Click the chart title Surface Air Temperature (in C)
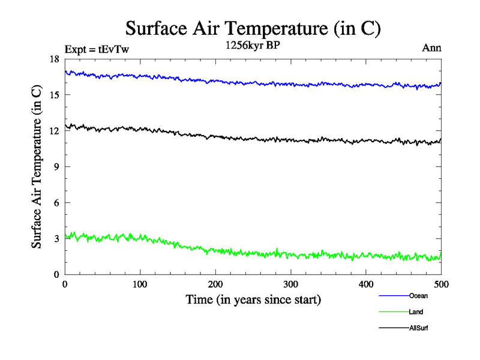click(x=253, y=28)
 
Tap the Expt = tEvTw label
click(x=96, y=50)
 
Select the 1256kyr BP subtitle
click(x=253, y=46)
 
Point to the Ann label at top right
click(x=432, y=48)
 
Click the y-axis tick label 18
click(x=55, y=59)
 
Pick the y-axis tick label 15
click(x=55, y=95)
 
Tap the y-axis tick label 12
click(x=55, y=131)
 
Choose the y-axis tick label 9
click(x=56, y=167)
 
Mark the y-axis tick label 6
click(x=56, y=203)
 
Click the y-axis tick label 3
click(x=56, y=239)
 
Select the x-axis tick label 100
click(x=140, y=284)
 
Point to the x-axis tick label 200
click(x=215, y=284)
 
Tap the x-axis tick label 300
click(x=290, y=284)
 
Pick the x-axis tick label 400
click(x=366, y=284)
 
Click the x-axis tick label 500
click(x=441, y=284)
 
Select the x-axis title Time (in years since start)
click(x=253, y=299)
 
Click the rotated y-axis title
click(x=37, y=167)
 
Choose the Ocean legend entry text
click(x=418, y=296)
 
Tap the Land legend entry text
click(x=416, y=312)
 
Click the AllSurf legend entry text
click(x=419, y=328)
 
